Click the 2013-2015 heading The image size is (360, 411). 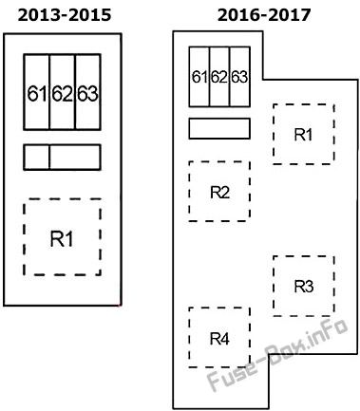(x=65, y=15)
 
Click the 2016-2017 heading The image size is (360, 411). (x=264, y=15)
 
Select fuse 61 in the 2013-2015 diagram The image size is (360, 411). (x=37, y=92)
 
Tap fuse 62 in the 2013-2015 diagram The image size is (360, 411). (x=63, y=92)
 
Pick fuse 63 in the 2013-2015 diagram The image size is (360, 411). (x=88, y=92)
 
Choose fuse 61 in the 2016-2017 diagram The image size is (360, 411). (x=199, y=77)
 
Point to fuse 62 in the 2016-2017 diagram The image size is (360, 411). (x=219, y=77)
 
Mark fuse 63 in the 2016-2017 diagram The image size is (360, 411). (x=239, y=77)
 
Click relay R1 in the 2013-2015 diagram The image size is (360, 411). (x=62, y=237)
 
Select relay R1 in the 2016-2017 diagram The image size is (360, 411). (x=304, y=134)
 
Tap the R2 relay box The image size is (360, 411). (x=219, y=192)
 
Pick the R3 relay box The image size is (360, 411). (x=304, y=286)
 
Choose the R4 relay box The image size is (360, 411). (x=219, y=338)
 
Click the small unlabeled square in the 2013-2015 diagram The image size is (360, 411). (x=37, y=158)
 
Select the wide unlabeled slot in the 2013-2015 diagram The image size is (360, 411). (x=75, y=158)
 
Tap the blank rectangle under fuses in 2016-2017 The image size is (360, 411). (x=219, y=128)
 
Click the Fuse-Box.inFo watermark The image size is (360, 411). (x=278, y=355)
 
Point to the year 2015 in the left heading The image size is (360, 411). (x=91, y=15)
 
